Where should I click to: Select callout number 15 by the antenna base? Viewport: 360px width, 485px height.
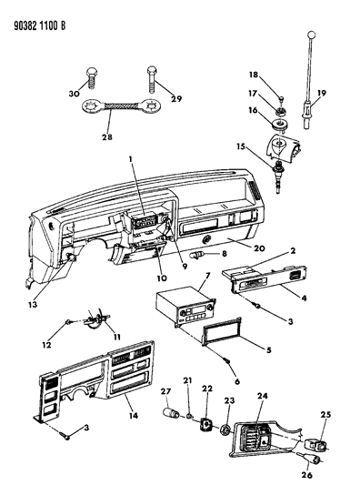coord(242,147)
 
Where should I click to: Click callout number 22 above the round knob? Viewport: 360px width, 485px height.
coord(207,389)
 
